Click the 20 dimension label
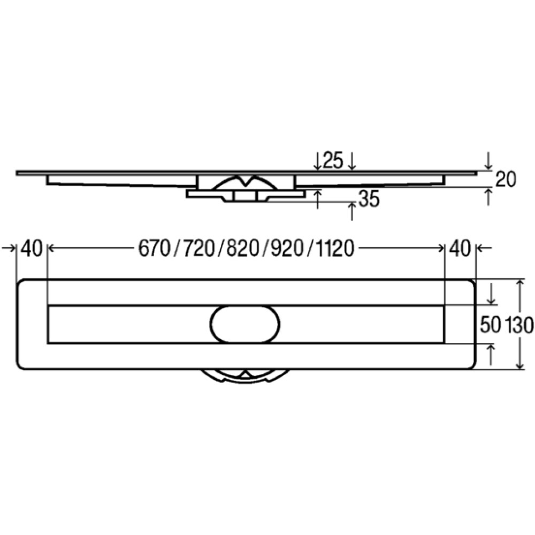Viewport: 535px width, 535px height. [x=506, y=179]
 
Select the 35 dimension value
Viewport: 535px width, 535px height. [x=369, y=198]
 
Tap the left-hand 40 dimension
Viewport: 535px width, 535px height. [x=32, y=248]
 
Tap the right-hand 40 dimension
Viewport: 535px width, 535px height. [x=460, y=248]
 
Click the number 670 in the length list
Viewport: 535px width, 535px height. [x=154, y=248]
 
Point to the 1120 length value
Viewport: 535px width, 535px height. [x=335, y=248]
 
